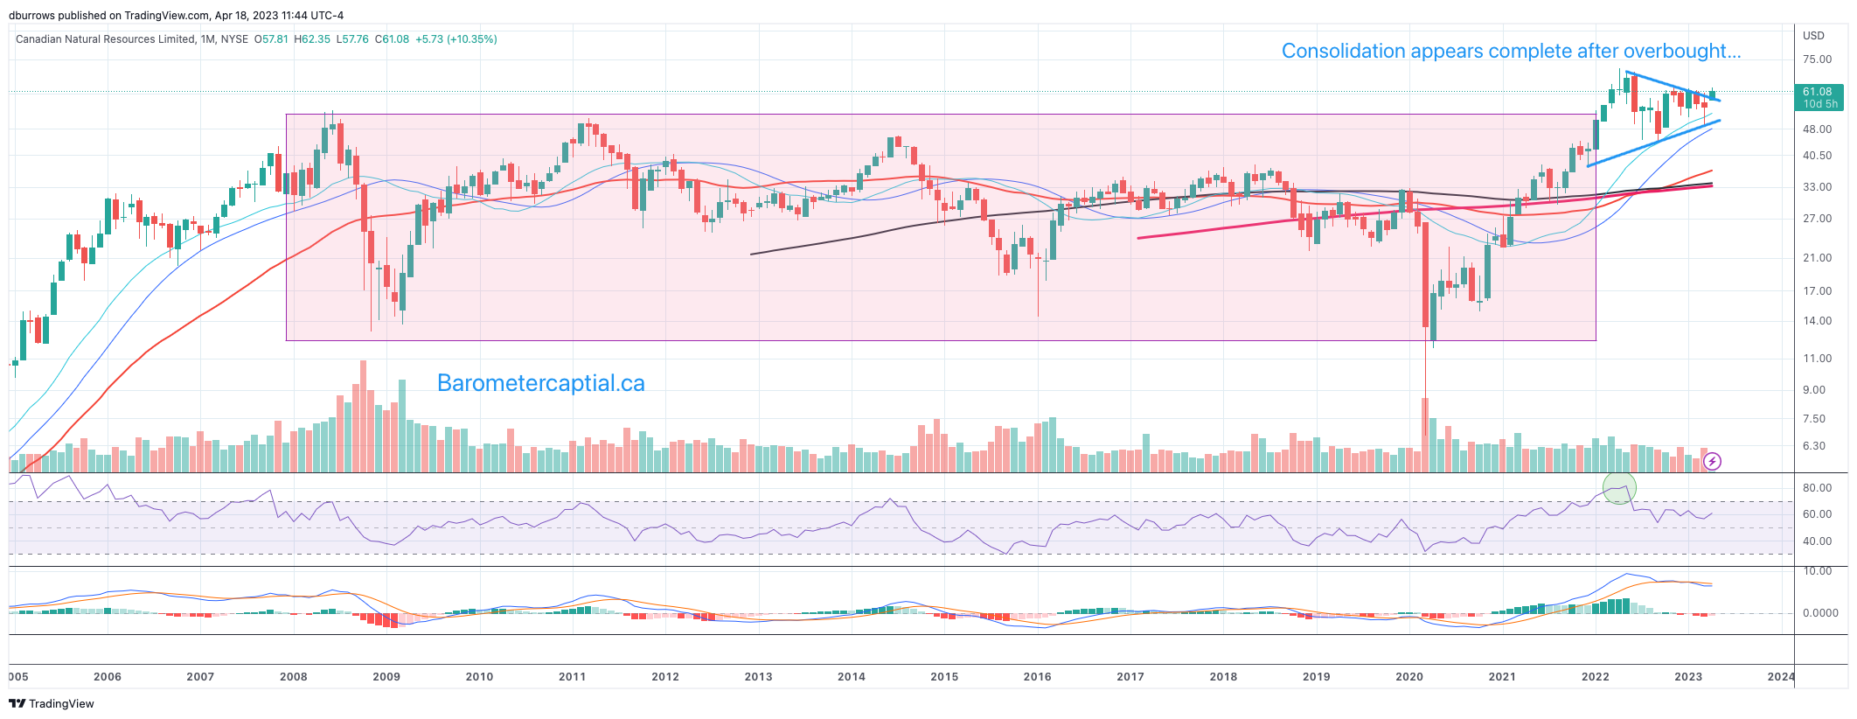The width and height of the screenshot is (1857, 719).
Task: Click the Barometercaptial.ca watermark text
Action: point(540,383)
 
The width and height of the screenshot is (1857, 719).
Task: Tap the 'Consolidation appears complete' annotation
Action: point(1510,51)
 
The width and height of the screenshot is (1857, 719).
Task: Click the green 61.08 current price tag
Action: point(1818,96)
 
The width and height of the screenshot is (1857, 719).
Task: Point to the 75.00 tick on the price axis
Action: point(1817,59)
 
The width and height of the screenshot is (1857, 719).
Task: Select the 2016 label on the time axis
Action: point(1037,676)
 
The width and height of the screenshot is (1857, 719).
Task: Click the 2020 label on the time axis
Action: point(1408,676)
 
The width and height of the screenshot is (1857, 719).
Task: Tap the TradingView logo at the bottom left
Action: point(52,703)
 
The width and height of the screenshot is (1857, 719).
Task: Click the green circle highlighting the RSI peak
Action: point(1618,488)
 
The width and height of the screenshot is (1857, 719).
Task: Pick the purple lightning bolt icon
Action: point(1713,461)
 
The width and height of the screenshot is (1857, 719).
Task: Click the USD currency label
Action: point(1813,36)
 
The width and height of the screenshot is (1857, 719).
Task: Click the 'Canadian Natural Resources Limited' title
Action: point(105,39)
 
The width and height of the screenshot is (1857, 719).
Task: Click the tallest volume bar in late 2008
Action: point(363,415)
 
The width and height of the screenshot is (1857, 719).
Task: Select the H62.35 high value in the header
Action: point(312,39)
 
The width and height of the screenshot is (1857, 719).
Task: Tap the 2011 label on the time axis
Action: point(572,676)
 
